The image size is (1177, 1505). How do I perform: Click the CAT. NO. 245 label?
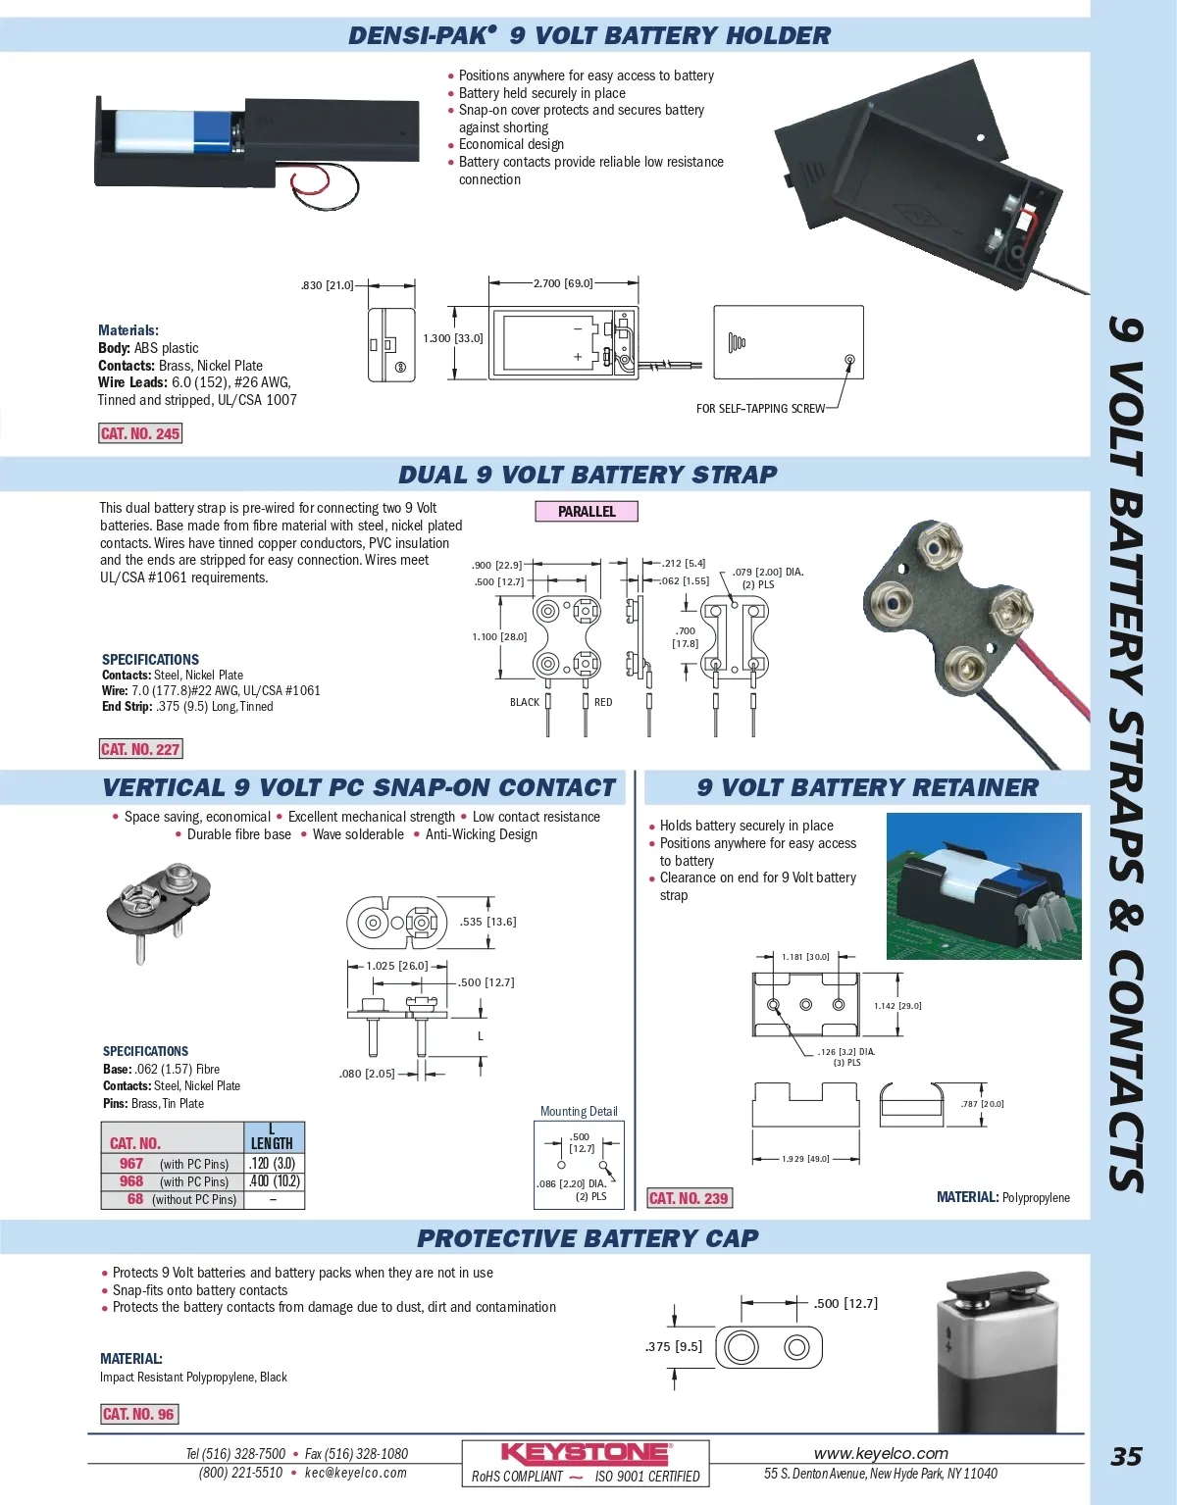[140, 433]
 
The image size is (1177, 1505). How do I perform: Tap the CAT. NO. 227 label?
[140, 749]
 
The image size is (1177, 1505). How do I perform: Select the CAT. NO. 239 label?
[689, 1198]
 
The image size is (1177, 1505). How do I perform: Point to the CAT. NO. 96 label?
[139, 1414]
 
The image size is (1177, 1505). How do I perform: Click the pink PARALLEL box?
[587, 511]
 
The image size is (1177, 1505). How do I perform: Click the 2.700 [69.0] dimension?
[563, 283]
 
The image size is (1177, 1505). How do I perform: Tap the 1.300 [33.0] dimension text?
[453, 338]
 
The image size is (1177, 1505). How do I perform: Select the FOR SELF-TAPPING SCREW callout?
[760, 409]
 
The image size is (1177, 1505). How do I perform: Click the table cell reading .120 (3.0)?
[272, 1164]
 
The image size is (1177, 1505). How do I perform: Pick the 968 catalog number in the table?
[131, 1181]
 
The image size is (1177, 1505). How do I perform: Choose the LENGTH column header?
[272, 1143]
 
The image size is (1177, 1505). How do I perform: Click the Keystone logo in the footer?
[586, 1453]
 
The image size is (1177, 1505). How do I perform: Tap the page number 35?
[1126, 1457]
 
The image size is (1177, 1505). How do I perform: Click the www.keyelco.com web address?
[881, 1453]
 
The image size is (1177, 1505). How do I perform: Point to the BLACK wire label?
[525, 702]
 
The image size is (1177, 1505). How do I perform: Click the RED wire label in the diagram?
[603, 702]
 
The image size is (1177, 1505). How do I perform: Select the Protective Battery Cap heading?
[588, 1238]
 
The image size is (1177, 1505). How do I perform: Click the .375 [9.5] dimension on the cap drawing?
[674, 1346]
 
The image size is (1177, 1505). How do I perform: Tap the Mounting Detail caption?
[579, 1111]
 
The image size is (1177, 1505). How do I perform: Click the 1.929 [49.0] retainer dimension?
[805, 1159]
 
